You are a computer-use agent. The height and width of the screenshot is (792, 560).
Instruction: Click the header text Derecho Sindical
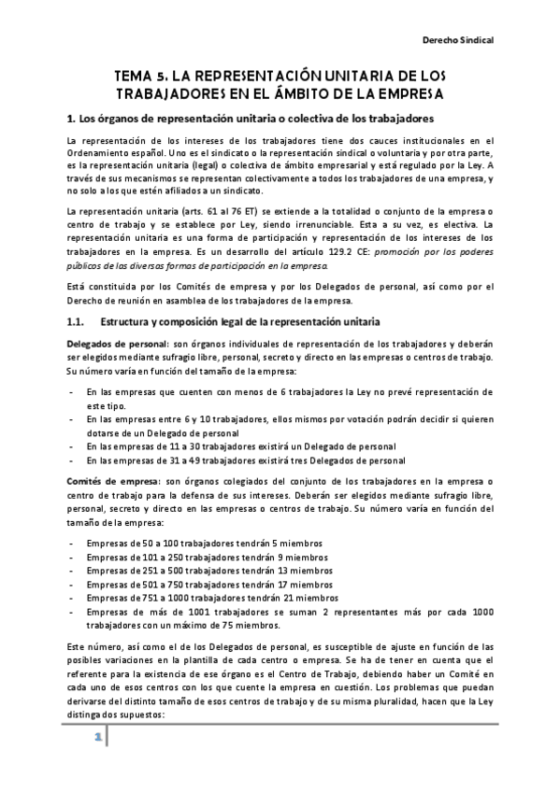459,41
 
